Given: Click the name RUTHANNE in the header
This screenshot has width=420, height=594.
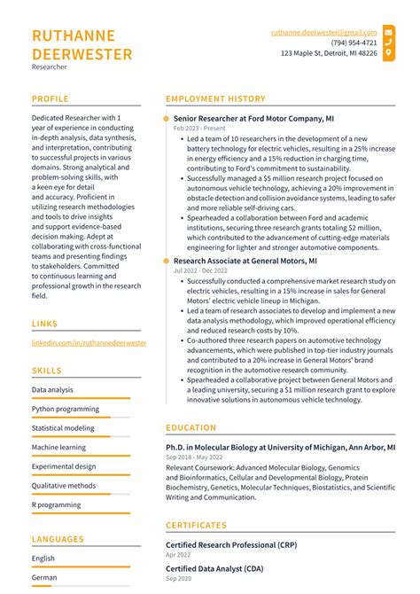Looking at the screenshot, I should pos(74,35).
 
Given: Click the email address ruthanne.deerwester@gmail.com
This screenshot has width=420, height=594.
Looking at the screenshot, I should pos(323,32).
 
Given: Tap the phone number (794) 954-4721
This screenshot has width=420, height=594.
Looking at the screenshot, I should pos(354,43).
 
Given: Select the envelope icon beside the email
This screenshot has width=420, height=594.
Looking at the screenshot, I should pos(388,32).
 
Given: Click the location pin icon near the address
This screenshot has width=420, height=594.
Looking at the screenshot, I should pos(388,53).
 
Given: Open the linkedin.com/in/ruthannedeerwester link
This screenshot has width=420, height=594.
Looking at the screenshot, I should pos(89,342).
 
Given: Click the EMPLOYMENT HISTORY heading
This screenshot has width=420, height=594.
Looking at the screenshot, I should pos(215,99).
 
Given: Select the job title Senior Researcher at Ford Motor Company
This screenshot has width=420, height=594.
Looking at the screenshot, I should pos(253,118).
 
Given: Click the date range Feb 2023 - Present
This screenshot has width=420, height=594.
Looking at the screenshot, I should pos(199,129).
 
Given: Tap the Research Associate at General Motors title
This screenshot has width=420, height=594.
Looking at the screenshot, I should pos(245,262).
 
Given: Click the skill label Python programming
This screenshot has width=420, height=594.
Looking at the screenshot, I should pos(66,409).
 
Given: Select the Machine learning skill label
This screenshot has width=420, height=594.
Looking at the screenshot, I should pos(58,448).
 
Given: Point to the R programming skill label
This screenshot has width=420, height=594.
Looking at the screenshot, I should pos(57,505).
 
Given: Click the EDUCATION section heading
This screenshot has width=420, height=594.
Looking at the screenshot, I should pos(191,427).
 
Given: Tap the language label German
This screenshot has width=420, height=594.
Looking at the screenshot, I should pos(43,577).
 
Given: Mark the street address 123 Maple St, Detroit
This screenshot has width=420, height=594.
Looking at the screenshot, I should pos(329,53).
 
